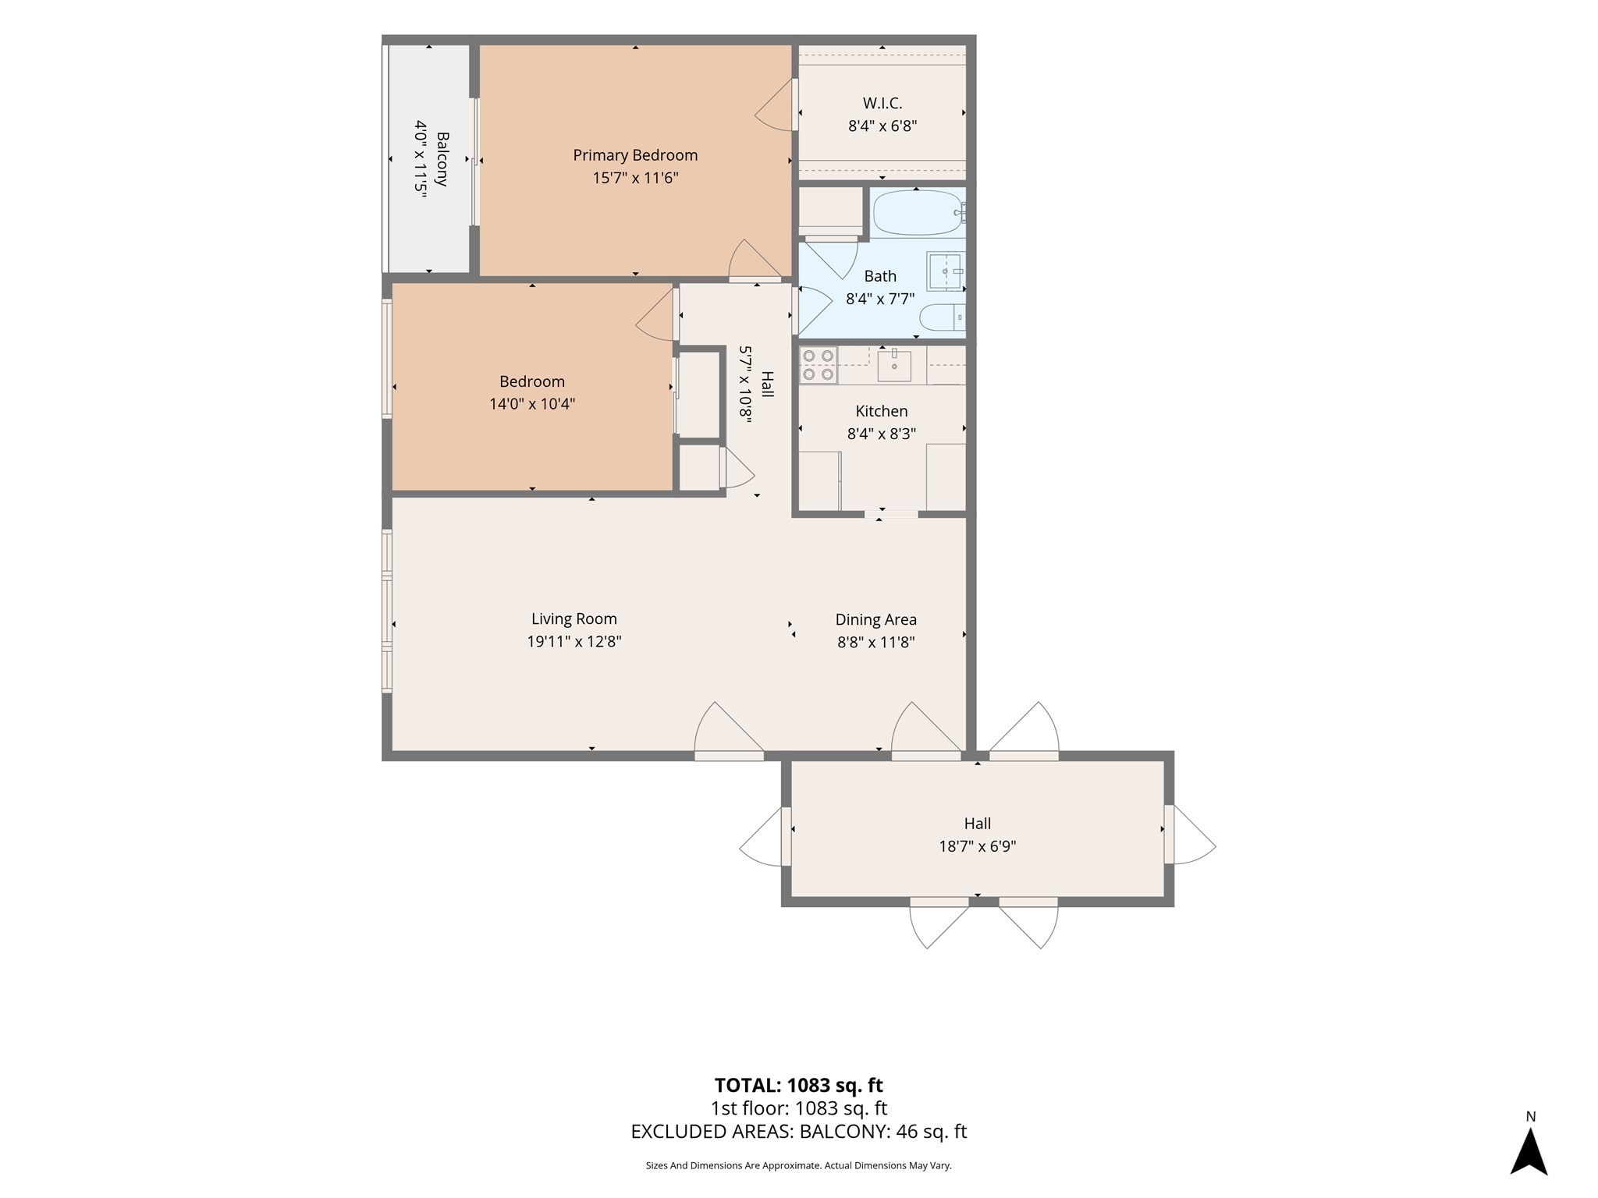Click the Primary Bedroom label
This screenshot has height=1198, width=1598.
point(635,155)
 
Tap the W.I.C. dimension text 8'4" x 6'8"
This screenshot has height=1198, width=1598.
point(882,126)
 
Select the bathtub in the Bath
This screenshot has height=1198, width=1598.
point(918,213)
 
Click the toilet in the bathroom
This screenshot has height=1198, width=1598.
point(943,317)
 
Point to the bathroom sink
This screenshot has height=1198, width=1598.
point(946,271)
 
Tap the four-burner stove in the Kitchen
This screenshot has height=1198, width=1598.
point(819,365)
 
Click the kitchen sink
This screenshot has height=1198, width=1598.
point(894,365)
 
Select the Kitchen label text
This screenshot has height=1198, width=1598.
point(882,411)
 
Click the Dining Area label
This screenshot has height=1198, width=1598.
point(875,619)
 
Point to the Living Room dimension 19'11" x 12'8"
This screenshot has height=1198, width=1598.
point(574,642)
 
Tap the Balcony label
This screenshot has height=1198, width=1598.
point(442,159)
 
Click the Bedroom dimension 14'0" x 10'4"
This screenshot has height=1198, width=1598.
point(532,404)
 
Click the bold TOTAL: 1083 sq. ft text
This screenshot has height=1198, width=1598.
point(799,1085)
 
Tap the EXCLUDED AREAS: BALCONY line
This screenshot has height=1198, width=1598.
point(799,1132)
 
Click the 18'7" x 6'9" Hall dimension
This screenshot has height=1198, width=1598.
point(978,846)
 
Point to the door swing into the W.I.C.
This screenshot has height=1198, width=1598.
point(776,105)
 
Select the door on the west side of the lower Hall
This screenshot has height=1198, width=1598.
point(765,836)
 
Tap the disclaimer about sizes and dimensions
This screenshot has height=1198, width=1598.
point(799,1166)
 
